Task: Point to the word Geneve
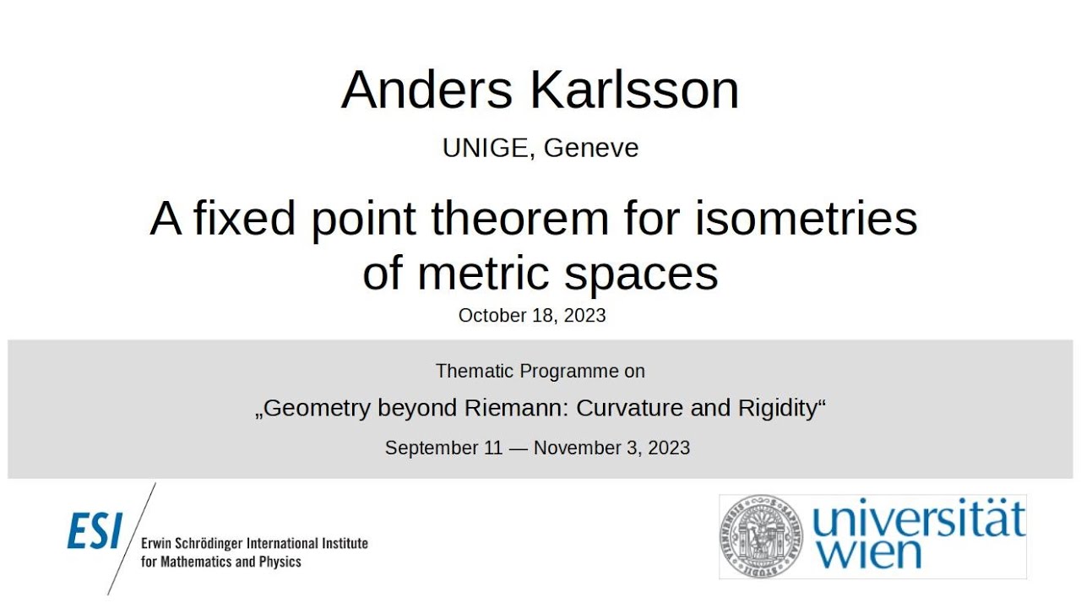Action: pyautogui.click(x=591, y=148)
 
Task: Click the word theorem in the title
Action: pyautogui.click(x=519, y=219)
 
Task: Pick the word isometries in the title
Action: pyautogui.click(x=806, y=219)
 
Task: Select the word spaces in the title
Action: pyautogui.click(x=643, y=273)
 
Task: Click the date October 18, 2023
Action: pyautogui.click(x=532, y=316)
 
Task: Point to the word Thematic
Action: pyautogui.click(x=475, y=371)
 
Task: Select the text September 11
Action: pyautogui.click(x=443, y=448)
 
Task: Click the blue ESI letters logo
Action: pyautogui.click(x=95, y=532)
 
